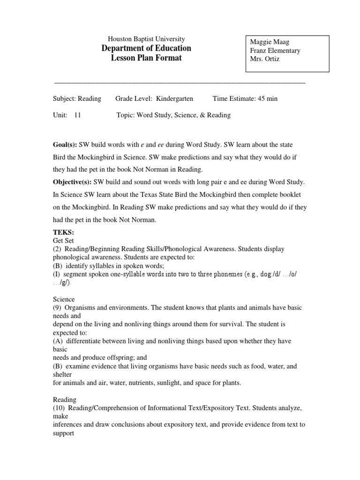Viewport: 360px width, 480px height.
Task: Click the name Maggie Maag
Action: [270, 42]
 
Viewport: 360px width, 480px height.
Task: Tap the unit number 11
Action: [77, 115]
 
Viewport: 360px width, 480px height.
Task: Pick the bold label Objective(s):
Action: [73, 182]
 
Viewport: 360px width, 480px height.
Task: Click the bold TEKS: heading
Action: [63, 232]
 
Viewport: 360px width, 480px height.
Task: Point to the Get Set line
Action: [63, 240]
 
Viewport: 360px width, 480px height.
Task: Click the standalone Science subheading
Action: [64, 299]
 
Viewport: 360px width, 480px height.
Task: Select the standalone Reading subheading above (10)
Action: [65, 400]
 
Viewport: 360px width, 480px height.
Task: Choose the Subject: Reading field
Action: [76, 98]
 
